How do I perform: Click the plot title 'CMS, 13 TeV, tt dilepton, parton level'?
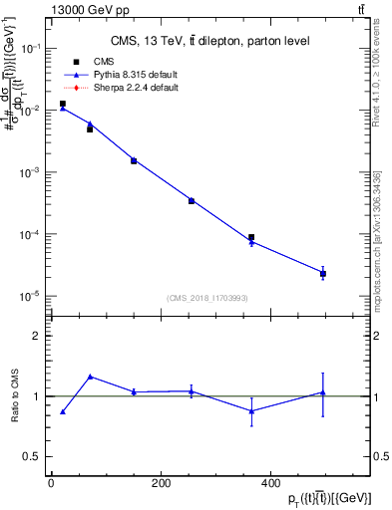208,41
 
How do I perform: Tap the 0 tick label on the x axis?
51,483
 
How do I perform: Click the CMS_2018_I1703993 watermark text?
208,297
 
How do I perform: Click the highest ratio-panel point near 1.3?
91,377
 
